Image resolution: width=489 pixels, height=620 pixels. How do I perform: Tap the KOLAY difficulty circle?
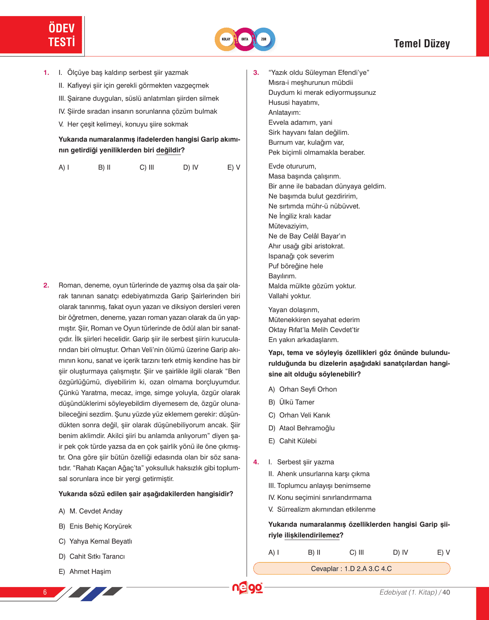tap(226, 39)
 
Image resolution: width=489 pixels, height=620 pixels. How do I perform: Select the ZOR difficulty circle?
tap(264, 39)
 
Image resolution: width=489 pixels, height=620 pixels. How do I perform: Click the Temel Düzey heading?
tap(421, 44)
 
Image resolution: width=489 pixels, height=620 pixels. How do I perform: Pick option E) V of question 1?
tap(234, 167)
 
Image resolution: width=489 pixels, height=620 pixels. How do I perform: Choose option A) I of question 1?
tap(64, 167)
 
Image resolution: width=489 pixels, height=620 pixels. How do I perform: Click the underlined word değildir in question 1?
tap(168, 150)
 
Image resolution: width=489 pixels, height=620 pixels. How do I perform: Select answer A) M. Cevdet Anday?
tap(91, 511)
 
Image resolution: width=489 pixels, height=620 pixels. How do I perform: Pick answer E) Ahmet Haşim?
tap(85, 572)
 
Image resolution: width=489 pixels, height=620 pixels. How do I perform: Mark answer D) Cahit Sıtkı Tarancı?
tap(92, 556)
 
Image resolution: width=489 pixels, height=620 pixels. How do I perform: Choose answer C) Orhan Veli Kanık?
tap(299, 415)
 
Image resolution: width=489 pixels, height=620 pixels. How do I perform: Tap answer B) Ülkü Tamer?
tap(291, 402)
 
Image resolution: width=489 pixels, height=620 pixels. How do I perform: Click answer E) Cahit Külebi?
tap(293, 441)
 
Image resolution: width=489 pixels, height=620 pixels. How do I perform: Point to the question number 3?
tap(256, 73)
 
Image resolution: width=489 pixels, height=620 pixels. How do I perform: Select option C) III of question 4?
tap(357, 552)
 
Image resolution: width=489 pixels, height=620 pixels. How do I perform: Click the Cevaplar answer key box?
tap(351, 569)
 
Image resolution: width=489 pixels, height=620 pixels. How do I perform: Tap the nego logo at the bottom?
tap(247, 588)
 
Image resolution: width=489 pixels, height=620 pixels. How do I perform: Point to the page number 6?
tap(45, 592)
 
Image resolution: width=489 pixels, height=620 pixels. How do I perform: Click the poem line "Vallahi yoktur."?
tap(290, 296)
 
